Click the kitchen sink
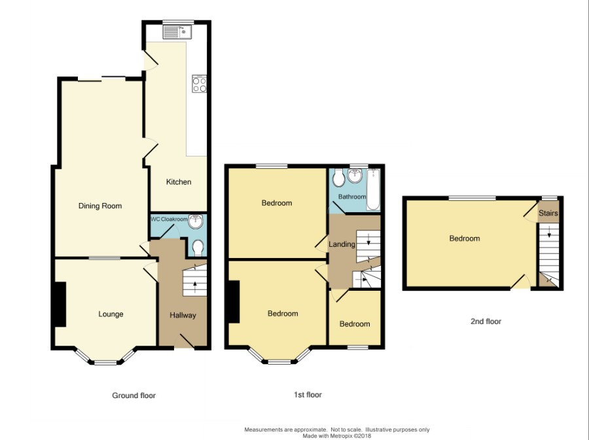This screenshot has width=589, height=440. click(x=177, y=31)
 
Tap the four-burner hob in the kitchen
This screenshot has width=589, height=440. click(x=199, y=84)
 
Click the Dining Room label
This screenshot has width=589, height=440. click(x=100, y=206)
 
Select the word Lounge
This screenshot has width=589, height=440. click(x=111, y=314)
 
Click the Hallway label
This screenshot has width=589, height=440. click(x=183, y=315)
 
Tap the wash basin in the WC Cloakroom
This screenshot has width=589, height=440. click(x=196, y=221)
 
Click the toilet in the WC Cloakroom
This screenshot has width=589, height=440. click(x=198, y=248)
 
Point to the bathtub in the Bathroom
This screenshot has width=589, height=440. click(x=373, y=189)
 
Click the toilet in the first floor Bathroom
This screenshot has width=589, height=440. click(x=338, y=177)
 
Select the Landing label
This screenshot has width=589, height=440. click(x=342, y=244)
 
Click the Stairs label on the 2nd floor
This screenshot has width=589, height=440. click(x=548, y=213)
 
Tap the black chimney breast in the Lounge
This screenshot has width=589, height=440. click(x=60, y=304)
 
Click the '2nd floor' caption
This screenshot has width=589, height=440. click(x=486, y=321)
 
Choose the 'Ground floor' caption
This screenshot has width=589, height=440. click(x=134, y=395)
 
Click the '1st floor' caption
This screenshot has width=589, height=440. click(x=308, y=395)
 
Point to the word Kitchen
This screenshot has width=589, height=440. click(x=179, y=182)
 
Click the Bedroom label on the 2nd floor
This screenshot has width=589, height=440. click(x=465, y=238)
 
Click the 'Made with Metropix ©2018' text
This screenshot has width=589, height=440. click(x=337, y=436)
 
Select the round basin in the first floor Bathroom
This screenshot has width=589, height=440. click(x=354, y=176)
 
